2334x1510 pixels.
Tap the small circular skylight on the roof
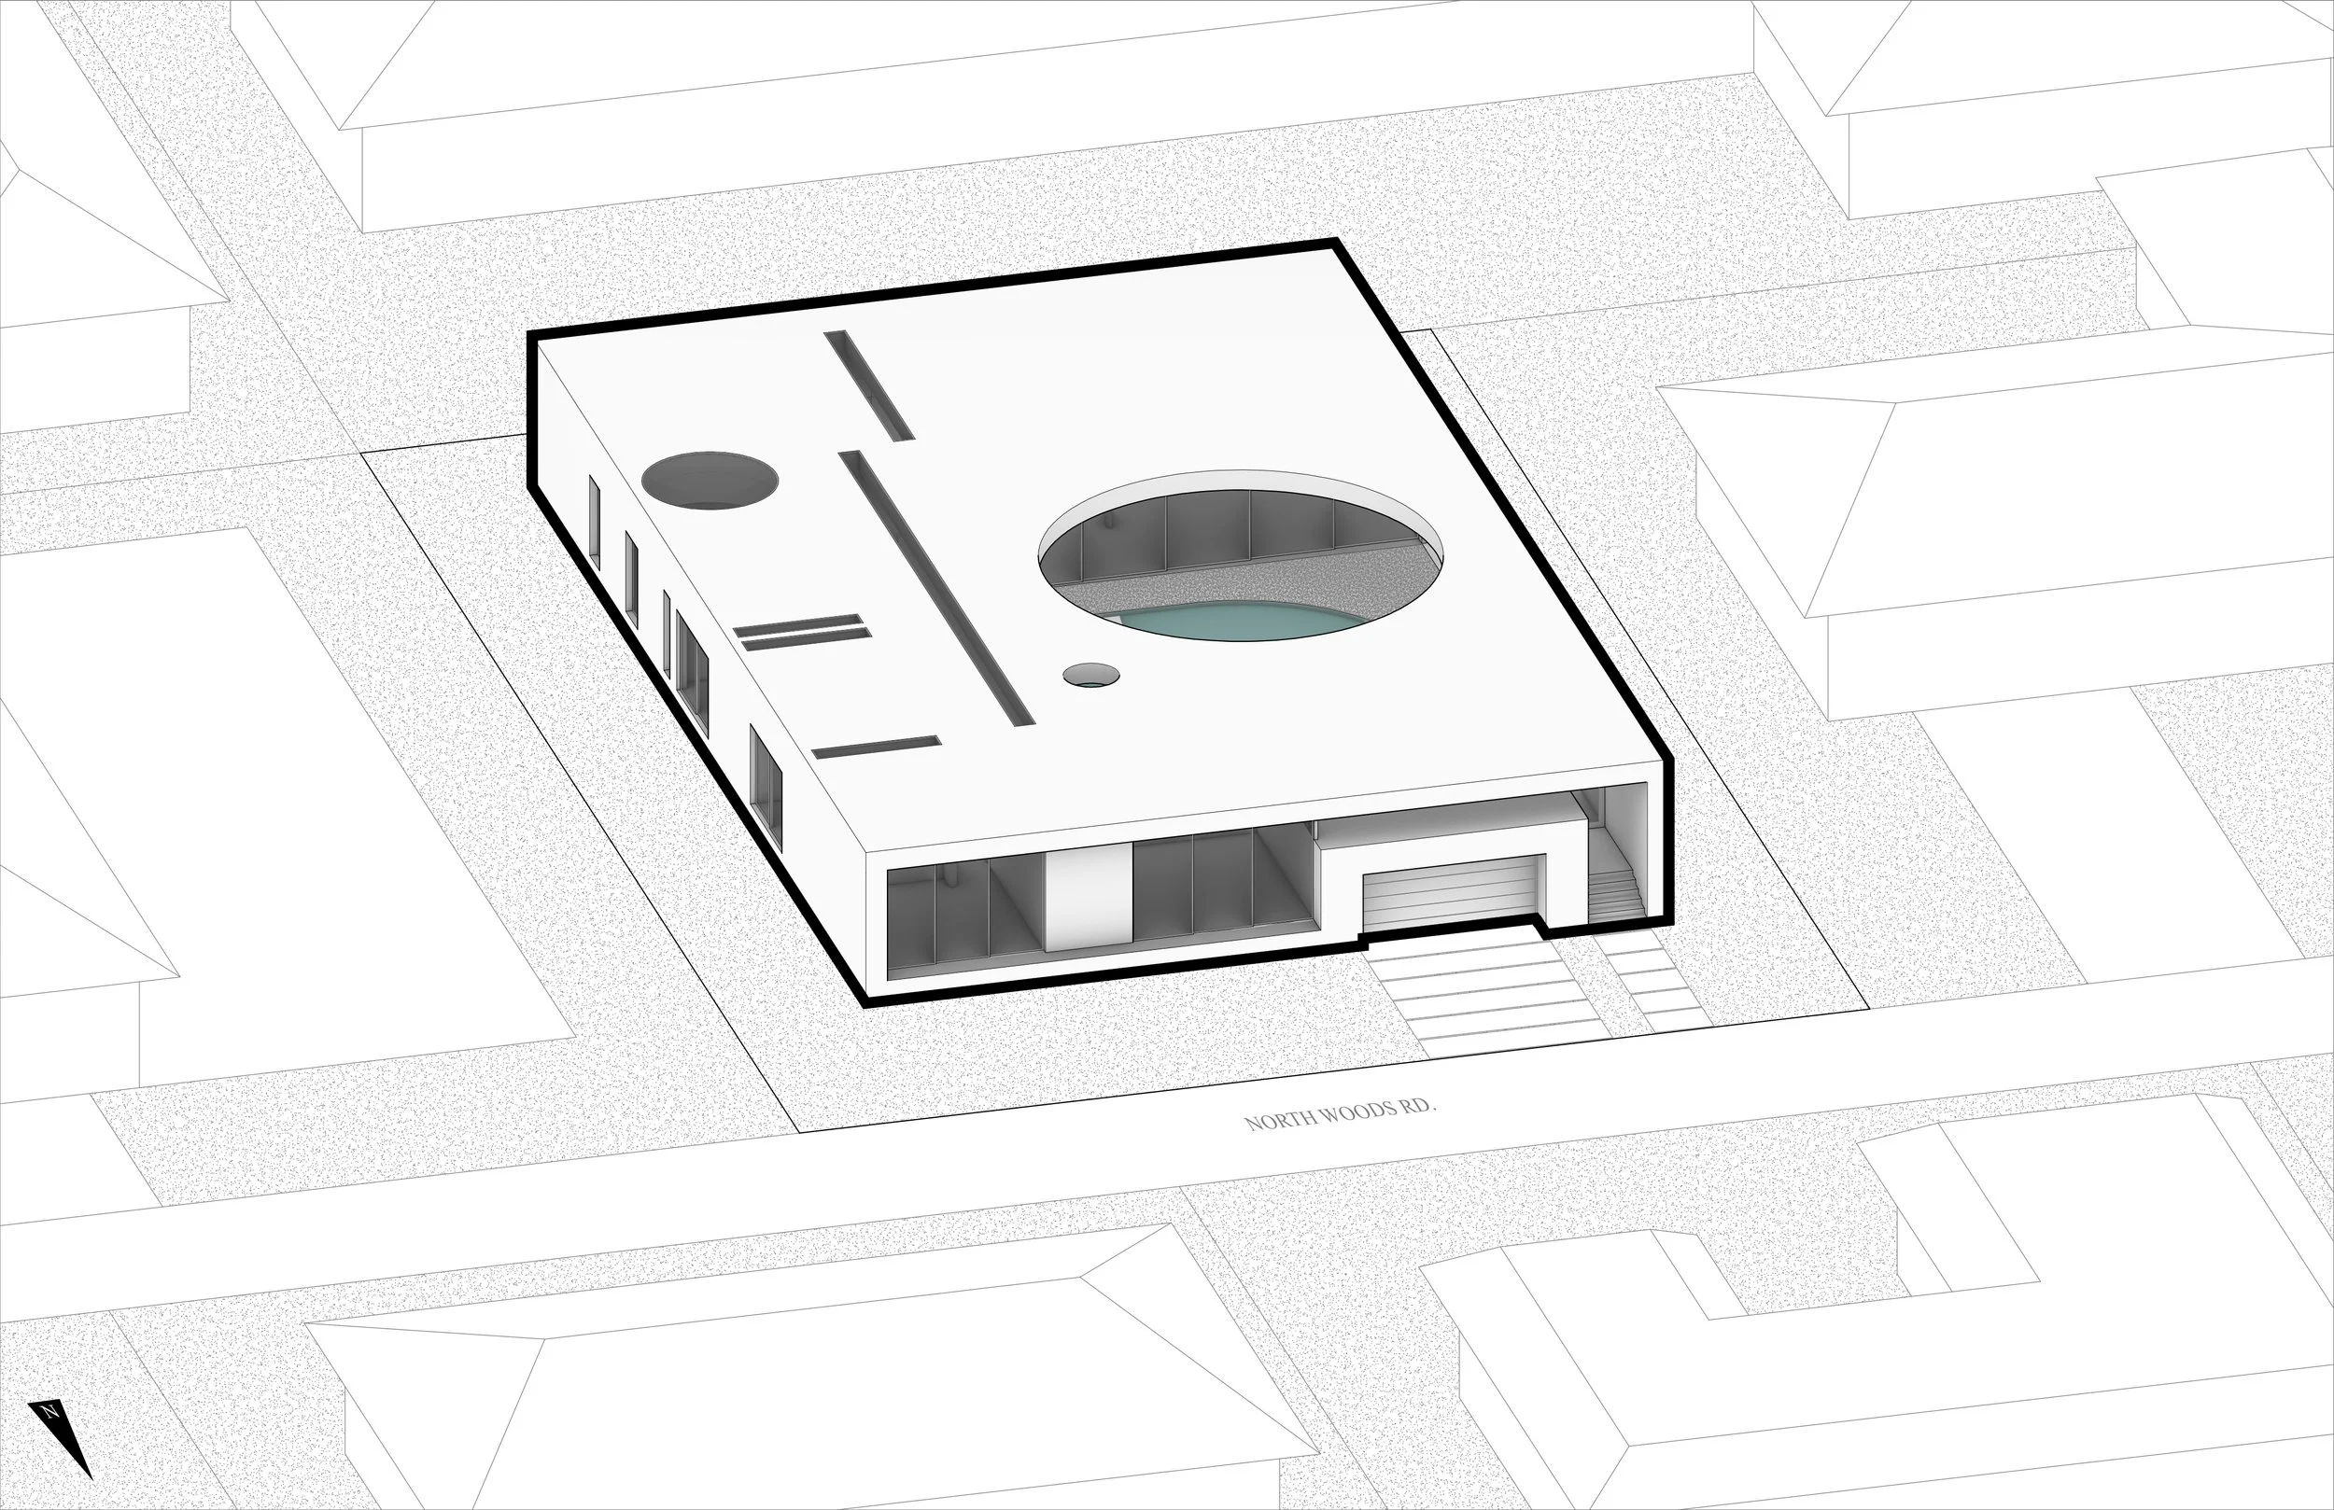(1090, 675)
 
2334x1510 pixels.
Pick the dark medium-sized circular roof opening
(710, 481)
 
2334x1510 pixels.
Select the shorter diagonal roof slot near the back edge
(869, 384)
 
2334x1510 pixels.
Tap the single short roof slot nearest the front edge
(877, 748)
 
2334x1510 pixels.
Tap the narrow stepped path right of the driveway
(1657, 981)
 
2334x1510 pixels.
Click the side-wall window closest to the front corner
(766, 790)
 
